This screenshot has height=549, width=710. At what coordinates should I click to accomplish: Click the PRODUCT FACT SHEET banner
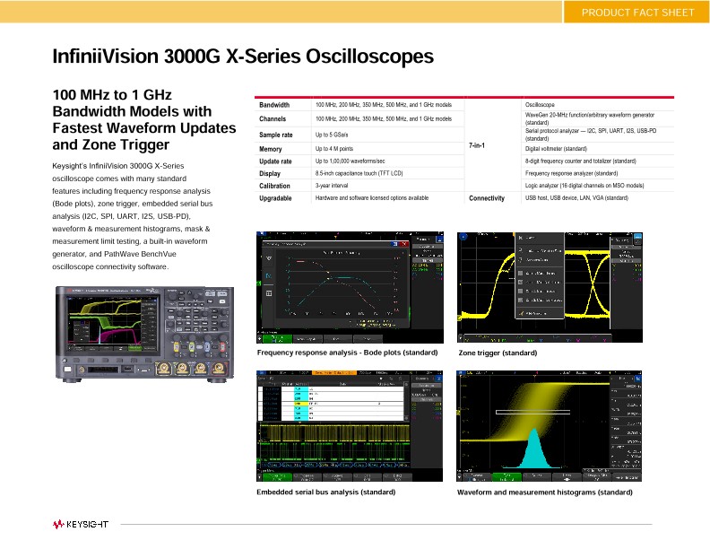(x=637, y=12)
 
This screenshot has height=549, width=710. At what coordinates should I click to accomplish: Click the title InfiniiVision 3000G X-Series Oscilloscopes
(x=243, y=57)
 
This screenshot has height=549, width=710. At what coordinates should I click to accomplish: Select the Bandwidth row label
(x=274, y=105)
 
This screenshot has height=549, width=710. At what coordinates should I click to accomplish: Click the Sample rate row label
(x=276, y=135)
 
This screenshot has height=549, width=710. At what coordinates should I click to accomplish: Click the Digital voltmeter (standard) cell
(x=556, y=148)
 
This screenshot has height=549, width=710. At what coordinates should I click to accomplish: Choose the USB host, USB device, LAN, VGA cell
(x=576, y=197)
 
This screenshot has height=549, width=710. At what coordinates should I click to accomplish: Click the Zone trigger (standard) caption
(x=498, y=353)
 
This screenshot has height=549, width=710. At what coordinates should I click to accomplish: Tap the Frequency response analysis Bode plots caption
(x=347, y=353)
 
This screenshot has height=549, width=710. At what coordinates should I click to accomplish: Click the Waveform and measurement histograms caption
(x=544, y=492)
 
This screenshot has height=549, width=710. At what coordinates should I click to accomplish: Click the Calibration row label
(x=274, y=186)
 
